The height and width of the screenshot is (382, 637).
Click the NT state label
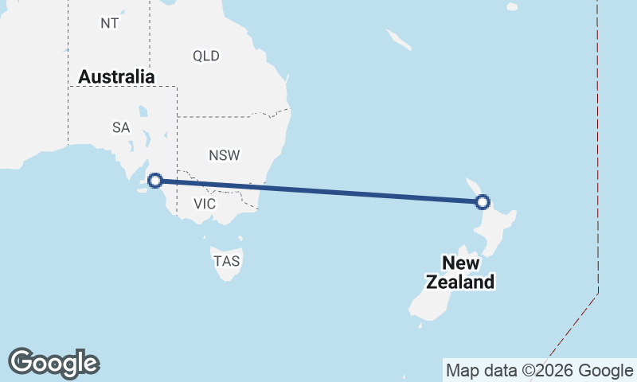(x=110, y=23)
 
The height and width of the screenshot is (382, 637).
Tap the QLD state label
(x=206, y=56)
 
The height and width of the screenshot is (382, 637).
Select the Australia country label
(x=116, y=77)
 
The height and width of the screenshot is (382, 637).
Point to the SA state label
(x=121, y=127)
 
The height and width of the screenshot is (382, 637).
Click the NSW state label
(x=225, y=155)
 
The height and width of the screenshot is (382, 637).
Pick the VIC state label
(x=205, y=204)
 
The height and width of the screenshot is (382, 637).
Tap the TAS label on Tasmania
(x=226, y=260)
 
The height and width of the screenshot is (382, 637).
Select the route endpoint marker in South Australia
(x=156, y=181)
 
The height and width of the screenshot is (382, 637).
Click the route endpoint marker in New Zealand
(x=482, y=202)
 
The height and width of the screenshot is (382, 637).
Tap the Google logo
(x=53, y=362)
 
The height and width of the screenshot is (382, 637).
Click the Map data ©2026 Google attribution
(x=539, y=370)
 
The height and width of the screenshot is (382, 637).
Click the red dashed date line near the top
(x=596, y=80)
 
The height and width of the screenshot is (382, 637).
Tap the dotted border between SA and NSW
(x=177, y=143)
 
